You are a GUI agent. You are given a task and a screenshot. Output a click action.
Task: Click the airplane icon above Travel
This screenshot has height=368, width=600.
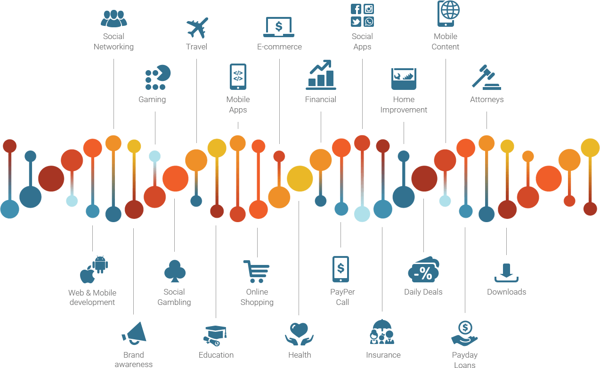[x=197, y=28]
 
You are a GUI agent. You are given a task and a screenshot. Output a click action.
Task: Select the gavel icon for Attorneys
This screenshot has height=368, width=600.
[x=486, y=77]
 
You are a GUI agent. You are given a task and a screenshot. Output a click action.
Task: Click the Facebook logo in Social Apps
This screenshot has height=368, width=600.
[x=356, y=9]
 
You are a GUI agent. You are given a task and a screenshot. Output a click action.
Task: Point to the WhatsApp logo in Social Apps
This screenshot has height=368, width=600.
[x=369, y=22]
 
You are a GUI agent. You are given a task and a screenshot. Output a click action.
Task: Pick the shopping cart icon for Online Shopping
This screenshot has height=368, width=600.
[x=256, y=272]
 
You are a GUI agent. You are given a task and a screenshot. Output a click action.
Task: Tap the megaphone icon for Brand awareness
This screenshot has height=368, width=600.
[x=134, y=333]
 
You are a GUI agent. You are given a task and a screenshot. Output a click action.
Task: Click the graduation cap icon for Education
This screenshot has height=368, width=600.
[x=215, y=336]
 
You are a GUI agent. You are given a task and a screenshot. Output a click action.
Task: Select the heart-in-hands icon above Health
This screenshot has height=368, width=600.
[x=299, y=334]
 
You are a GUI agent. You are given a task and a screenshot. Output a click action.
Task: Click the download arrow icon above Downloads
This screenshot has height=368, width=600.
[x=506, y=273]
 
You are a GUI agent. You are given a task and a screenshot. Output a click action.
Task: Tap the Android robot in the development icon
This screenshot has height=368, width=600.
[x=100, y=264]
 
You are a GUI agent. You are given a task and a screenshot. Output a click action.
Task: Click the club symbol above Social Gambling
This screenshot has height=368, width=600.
[x=175, y=271]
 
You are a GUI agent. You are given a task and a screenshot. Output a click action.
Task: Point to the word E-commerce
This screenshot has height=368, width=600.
[x=279, y=47]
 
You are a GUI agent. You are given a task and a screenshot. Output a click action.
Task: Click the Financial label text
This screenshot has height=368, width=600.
[x=320, y=100]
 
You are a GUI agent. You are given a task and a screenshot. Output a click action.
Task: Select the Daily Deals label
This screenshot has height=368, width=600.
[x=423, y=292]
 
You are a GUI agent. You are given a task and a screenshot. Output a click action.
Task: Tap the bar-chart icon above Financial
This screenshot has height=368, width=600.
[x=321, y=75]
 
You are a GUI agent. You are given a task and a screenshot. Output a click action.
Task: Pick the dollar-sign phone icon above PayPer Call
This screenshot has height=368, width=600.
[x=341, y=269]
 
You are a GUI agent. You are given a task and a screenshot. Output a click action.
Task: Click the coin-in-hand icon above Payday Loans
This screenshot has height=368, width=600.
[x=464, y=334]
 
